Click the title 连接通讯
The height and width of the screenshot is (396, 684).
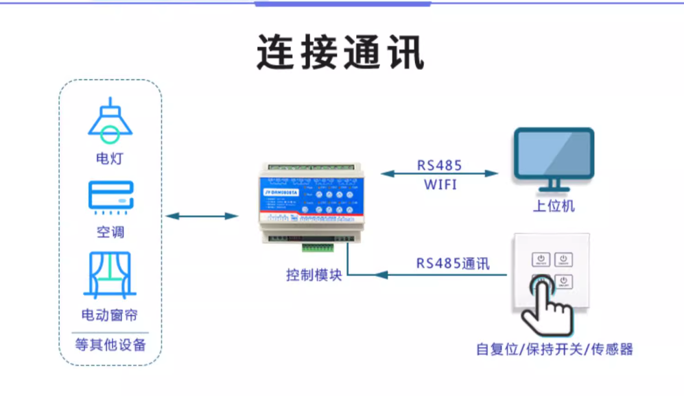click(x=341, y=52)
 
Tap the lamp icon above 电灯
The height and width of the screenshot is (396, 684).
click(x=110, y=121)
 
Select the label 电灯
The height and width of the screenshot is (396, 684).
click(x=110, y=159)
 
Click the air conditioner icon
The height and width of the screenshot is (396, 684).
click(x=110, y=197)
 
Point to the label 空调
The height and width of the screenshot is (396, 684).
click(x=110, y=232)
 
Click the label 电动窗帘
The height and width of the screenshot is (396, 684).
click(x=110, y=315)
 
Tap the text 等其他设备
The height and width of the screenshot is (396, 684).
click(x=110, y=345)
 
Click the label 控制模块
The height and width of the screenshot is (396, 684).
click(x=314, y=275)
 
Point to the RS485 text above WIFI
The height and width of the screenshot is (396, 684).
click(x=439, y=165)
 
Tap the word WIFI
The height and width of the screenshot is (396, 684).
click(x=439, y=184)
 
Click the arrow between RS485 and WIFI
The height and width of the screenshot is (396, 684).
click(x=439, y=174)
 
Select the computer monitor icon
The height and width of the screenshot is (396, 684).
click(x=554, y=159)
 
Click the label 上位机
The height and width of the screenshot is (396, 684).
click(x=554, y=206)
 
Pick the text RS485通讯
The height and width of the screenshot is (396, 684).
click(x=453, y=264)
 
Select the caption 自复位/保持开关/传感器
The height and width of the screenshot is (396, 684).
click(x=554, y=349)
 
